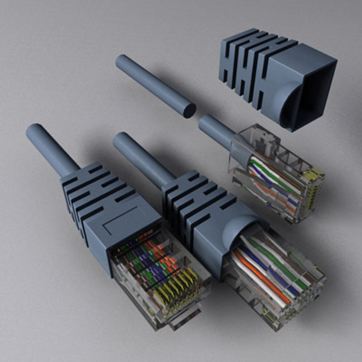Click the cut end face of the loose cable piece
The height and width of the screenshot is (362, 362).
pyautogui.click(x=189, y=110)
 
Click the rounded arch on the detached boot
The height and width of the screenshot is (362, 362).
pyautogui.click(x=285, y=101)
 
